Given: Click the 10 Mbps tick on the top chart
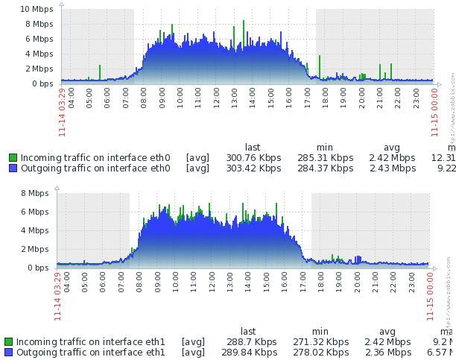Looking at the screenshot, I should point(37,9).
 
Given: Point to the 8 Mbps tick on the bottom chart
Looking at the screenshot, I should point(34,193).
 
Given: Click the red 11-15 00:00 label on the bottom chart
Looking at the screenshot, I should point(430,296).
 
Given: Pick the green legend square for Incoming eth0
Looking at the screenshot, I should point(13,158).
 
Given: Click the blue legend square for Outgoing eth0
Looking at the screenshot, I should point(13,168).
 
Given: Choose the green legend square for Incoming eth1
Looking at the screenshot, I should point(8,342).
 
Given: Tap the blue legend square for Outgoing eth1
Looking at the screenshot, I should point(8,353).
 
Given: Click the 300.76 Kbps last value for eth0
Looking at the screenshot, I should point(253,158).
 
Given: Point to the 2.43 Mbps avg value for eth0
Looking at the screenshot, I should point(392,168).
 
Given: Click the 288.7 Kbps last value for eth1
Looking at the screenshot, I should point(248,342).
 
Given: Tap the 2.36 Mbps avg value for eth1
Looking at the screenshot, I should point(387,353).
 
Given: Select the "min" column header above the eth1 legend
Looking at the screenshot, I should point(320,332).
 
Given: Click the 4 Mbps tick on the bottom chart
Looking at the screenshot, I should point(34,230).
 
